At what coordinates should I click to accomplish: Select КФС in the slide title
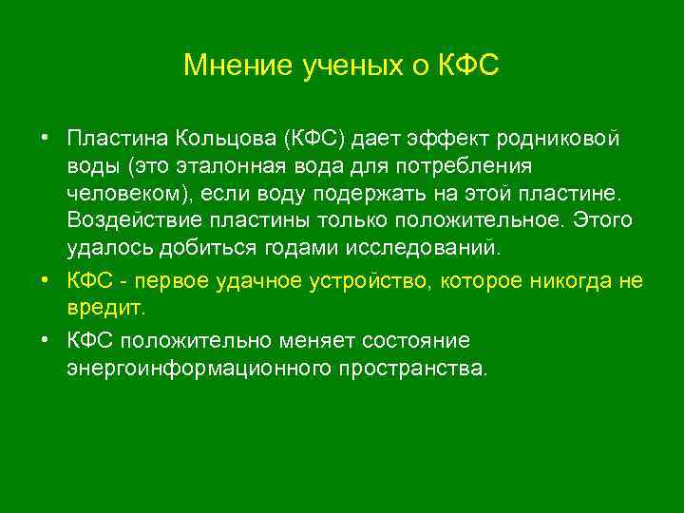(x=467, y=66)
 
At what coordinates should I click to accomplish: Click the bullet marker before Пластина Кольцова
(x=45, y=140)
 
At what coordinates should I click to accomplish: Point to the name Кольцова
(x=225, y=140)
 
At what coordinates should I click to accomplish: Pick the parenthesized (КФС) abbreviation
(x=313, y=140)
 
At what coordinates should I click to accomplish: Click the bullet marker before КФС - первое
(x=45, y=281)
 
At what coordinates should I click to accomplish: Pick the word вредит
(x=106, y=309)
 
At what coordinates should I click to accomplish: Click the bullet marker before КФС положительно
(x=45, y=340)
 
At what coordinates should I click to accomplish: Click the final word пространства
(x=426, y=368)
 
